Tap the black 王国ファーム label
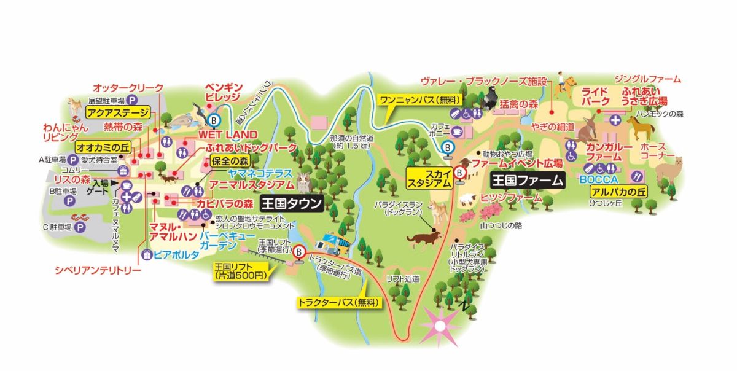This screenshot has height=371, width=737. coord(527,181)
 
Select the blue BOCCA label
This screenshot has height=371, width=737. coord(598,181)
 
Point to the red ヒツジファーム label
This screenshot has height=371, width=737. coord(511,198)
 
